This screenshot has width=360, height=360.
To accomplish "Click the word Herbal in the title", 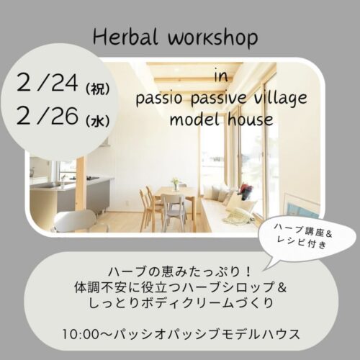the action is point(125,37).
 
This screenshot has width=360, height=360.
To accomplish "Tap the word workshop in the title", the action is point(213,39).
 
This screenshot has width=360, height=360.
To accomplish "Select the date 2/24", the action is point(48,82).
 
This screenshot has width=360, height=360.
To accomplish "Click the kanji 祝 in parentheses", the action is point(97,89).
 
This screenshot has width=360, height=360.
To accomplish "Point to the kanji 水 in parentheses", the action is point(97,120).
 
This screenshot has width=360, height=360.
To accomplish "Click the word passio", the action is point(158,99).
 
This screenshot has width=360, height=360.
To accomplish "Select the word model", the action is point(194,120).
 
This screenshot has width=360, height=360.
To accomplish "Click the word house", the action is point(251,120).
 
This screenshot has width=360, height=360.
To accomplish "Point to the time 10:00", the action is point(81,334).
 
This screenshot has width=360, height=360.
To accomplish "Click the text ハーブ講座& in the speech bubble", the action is point(303,232).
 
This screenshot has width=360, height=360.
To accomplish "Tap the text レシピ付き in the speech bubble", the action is point(302,242).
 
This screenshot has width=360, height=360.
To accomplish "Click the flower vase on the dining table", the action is point(176,184).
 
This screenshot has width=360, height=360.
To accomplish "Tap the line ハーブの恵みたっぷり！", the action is point(180,272).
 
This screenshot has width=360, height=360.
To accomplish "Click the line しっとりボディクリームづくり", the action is point(181,303).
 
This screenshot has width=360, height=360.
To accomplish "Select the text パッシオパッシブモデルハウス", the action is point(207,334).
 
